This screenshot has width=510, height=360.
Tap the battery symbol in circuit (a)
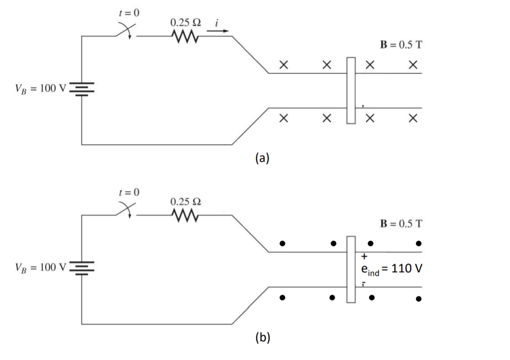coord(82,88)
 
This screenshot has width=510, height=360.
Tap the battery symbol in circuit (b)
coord(82,268)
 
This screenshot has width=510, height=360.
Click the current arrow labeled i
coord(218,32)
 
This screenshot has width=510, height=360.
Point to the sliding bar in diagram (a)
coord(351,90)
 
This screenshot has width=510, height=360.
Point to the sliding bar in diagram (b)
coord(351,269)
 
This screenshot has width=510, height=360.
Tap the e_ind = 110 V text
coord(392,269)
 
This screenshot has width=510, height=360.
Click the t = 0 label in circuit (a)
coord(128,13)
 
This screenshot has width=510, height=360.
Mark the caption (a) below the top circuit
coord(262,158)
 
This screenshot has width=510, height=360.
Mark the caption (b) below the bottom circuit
coord(262,337)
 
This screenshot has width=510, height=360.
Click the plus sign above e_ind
coord(365,256)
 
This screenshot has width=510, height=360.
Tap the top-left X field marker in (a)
coord(283,65)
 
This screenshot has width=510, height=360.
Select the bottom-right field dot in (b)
coord(419,298)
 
